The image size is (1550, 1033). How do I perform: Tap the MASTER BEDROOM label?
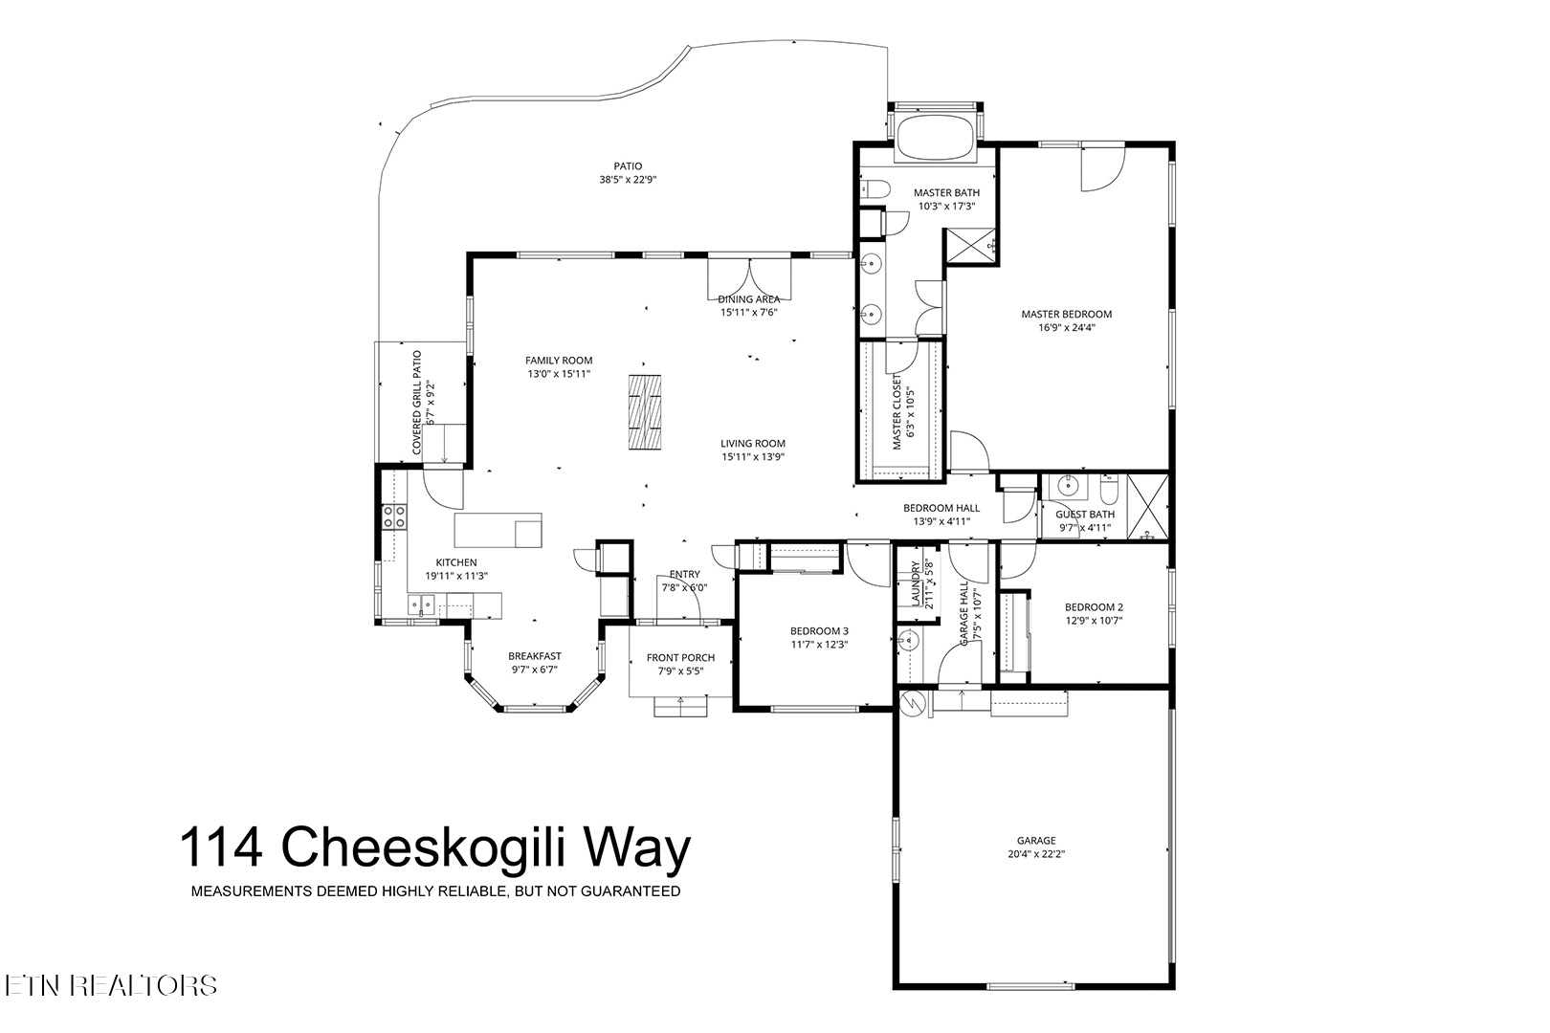point(1066,314)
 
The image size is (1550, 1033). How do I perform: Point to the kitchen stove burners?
point(393,516)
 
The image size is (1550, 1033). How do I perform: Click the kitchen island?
point(498,530)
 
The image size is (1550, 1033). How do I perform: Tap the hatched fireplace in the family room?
point(646,412)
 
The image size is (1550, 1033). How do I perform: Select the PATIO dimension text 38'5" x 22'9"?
point(628,180)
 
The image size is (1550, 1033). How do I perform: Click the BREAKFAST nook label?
point(534,656)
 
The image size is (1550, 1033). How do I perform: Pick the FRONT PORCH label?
point(680,658)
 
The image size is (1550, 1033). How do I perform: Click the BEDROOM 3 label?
point(818,630)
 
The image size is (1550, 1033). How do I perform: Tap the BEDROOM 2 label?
point(1094,606)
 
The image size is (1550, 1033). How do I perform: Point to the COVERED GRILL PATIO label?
point(417,402)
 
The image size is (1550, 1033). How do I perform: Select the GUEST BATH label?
point(1085,515)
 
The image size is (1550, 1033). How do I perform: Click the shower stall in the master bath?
point(969,246)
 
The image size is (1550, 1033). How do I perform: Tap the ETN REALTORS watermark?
point(109,985)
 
